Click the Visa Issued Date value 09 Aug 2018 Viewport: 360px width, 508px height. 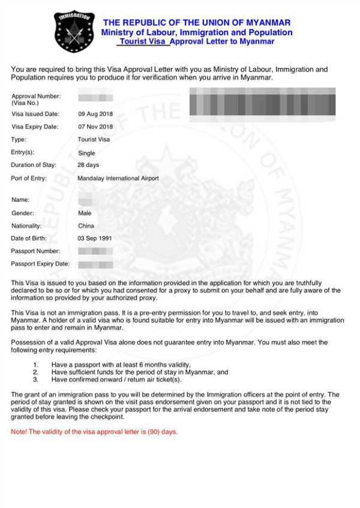tap(95, 113)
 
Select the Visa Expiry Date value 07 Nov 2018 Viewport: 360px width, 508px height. tap(95, 127)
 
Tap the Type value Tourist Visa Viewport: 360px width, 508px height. tap(94, 139)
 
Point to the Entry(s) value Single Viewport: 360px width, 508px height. tap(87, 153)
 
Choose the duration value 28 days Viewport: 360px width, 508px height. tap(89, 165)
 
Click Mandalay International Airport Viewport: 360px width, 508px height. tap(118, 178)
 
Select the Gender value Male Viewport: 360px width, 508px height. tap(85, 213)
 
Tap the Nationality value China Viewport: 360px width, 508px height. tap(86, 226)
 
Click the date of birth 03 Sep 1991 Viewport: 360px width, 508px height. tap(95, 238)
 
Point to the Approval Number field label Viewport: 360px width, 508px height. tap(36, 96)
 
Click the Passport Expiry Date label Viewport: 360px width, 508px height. tap(40, 264)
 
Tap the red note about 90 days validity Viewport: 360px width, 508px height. tap(94, 432)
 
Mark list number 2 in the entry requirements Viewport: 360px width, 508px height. tap(36, 372)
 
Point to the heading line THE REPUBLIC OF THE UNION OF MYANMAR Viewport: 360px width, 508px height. tap(197, 23)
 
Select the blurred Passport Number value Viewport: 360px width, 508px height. tap(95, 251)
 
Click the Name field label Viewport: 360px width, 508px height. tap(20, 200)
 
